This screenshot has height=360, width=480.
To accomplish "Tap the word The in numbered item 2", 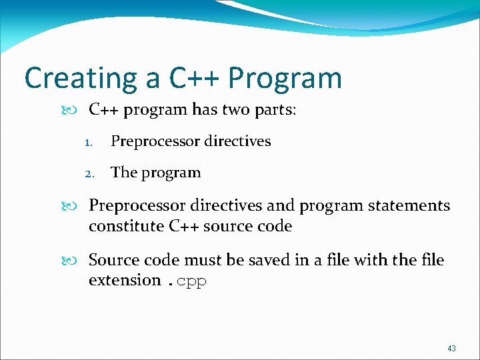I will click(x=123, y=172).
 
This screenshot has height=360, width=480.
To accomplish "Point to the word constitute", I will click(x=126, y=226).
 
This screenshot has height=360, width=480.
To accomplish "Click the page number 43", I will click(x=451, y=349).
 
